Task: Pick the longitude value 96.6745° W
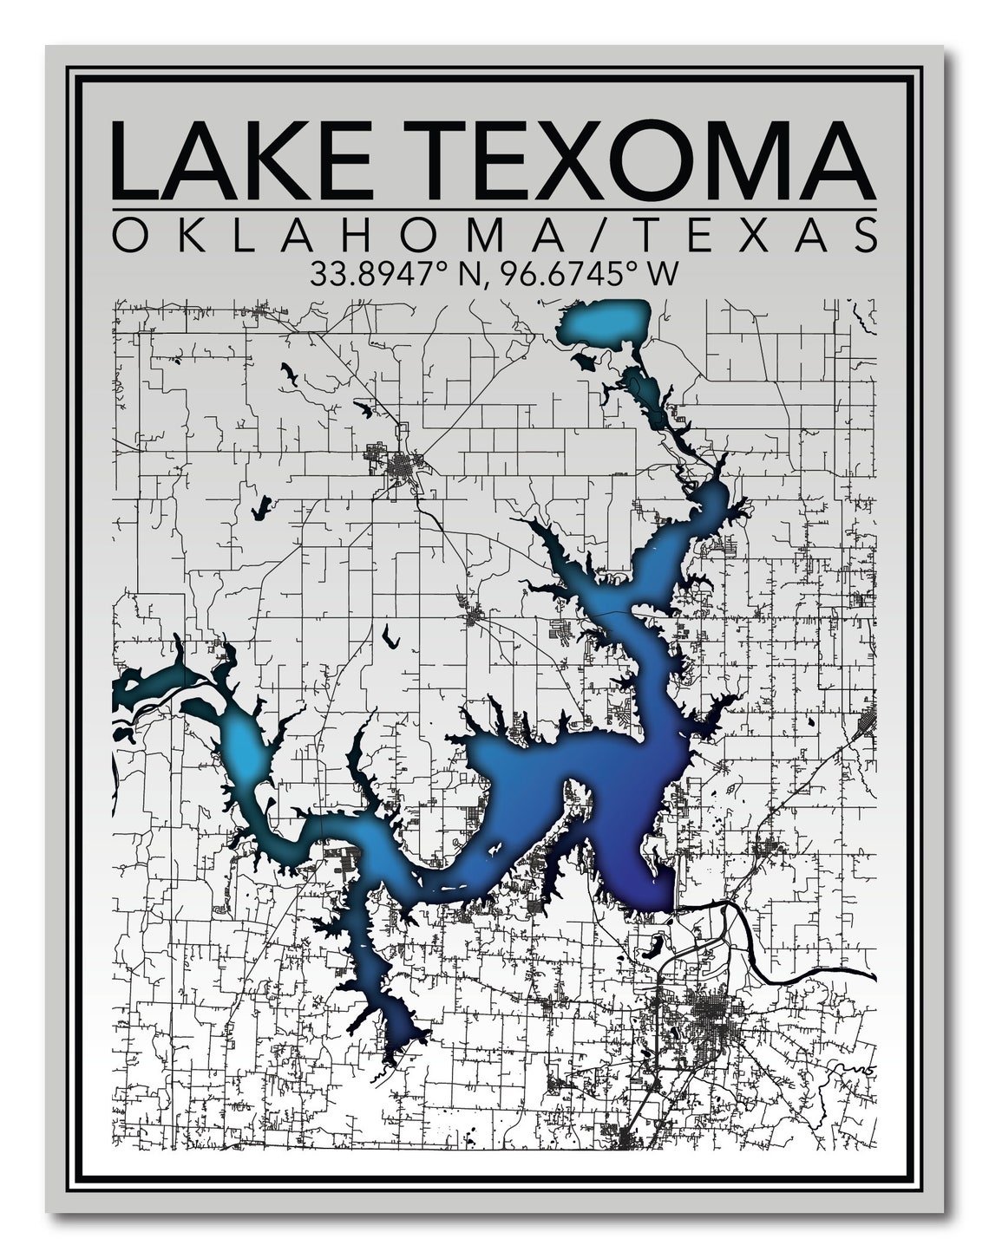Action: [x=590, y=275]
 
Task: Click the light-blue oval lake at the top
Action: [x=606, y=323]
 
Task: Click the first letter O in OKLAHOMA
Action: [x=129, y=235]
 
